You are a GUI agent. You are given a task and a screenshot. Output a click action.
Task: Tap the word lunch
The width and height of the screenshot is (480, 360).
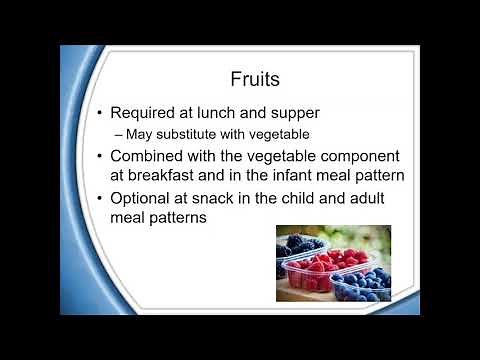pos(250,112)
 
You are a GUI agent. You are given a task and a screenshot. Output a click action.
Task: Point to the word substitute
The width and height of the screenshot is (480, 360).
pos(204,133)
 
